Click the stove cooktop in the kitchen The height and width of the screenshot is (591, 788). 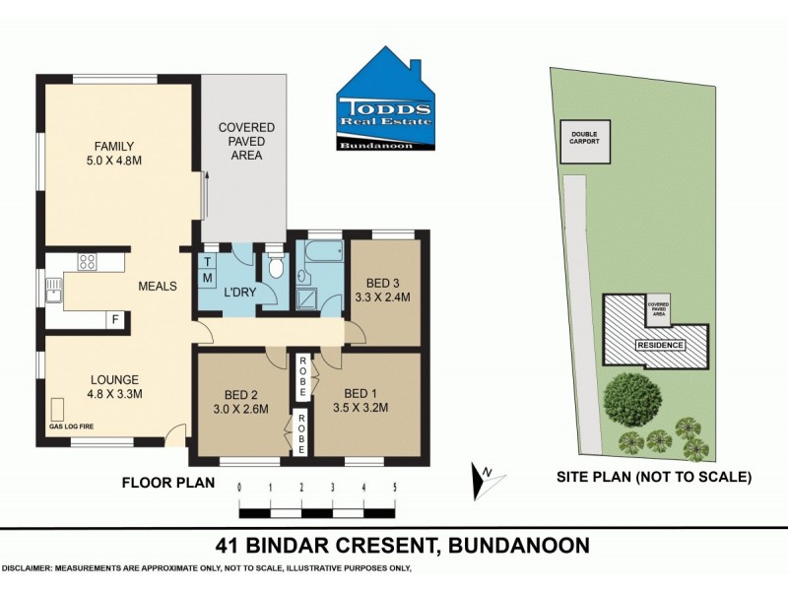[x=87, y=262]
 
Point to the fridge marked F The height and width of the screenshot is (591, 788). [x=115, y=320]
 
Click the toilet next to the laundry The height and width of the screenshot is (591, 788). [x=276, y=267]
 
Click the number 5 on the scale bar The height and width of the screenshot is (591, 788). [x=394, y=488]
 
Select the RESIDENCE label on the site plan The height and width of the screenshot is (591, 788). [x=657, y=345]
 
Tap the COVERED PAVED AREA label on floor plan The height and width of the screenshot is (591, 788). [x=246, y=141]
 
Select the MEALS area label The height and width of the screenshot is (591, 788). [x=157, y=287]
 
